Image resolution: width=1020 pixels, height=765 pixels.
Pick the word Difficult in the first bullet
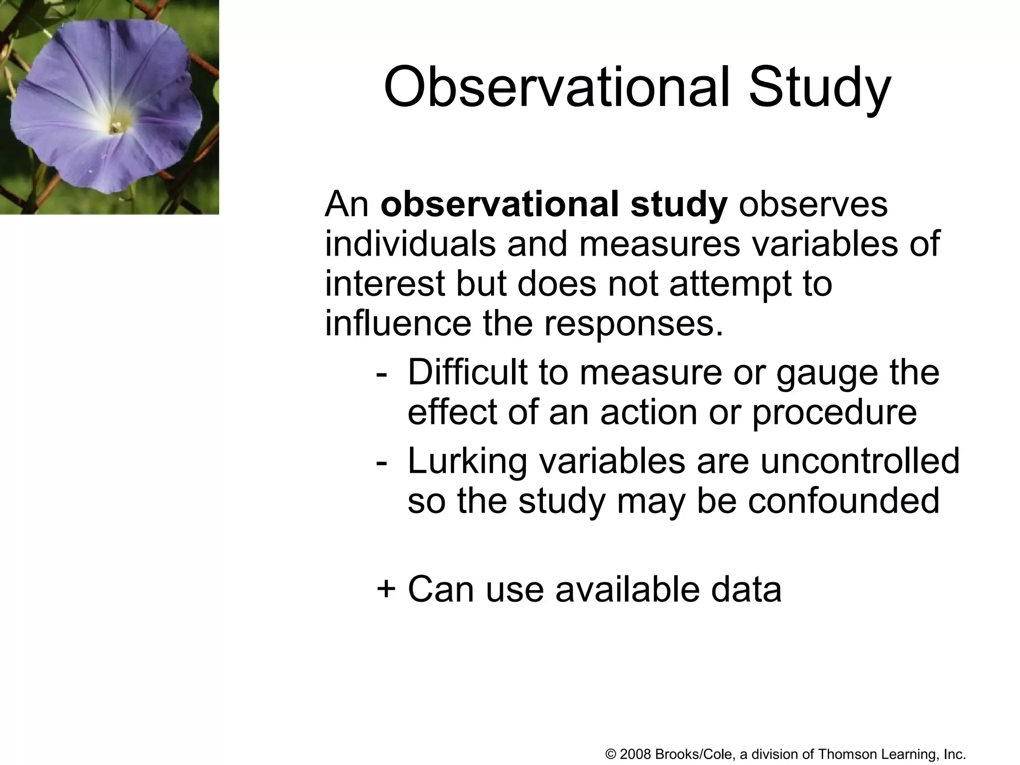click(467, 372)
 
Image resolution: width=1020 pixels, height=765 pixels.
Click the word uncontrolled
click(860, 461)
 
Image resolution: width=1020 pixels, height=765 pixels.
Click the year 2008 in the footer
click(636, 754)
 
